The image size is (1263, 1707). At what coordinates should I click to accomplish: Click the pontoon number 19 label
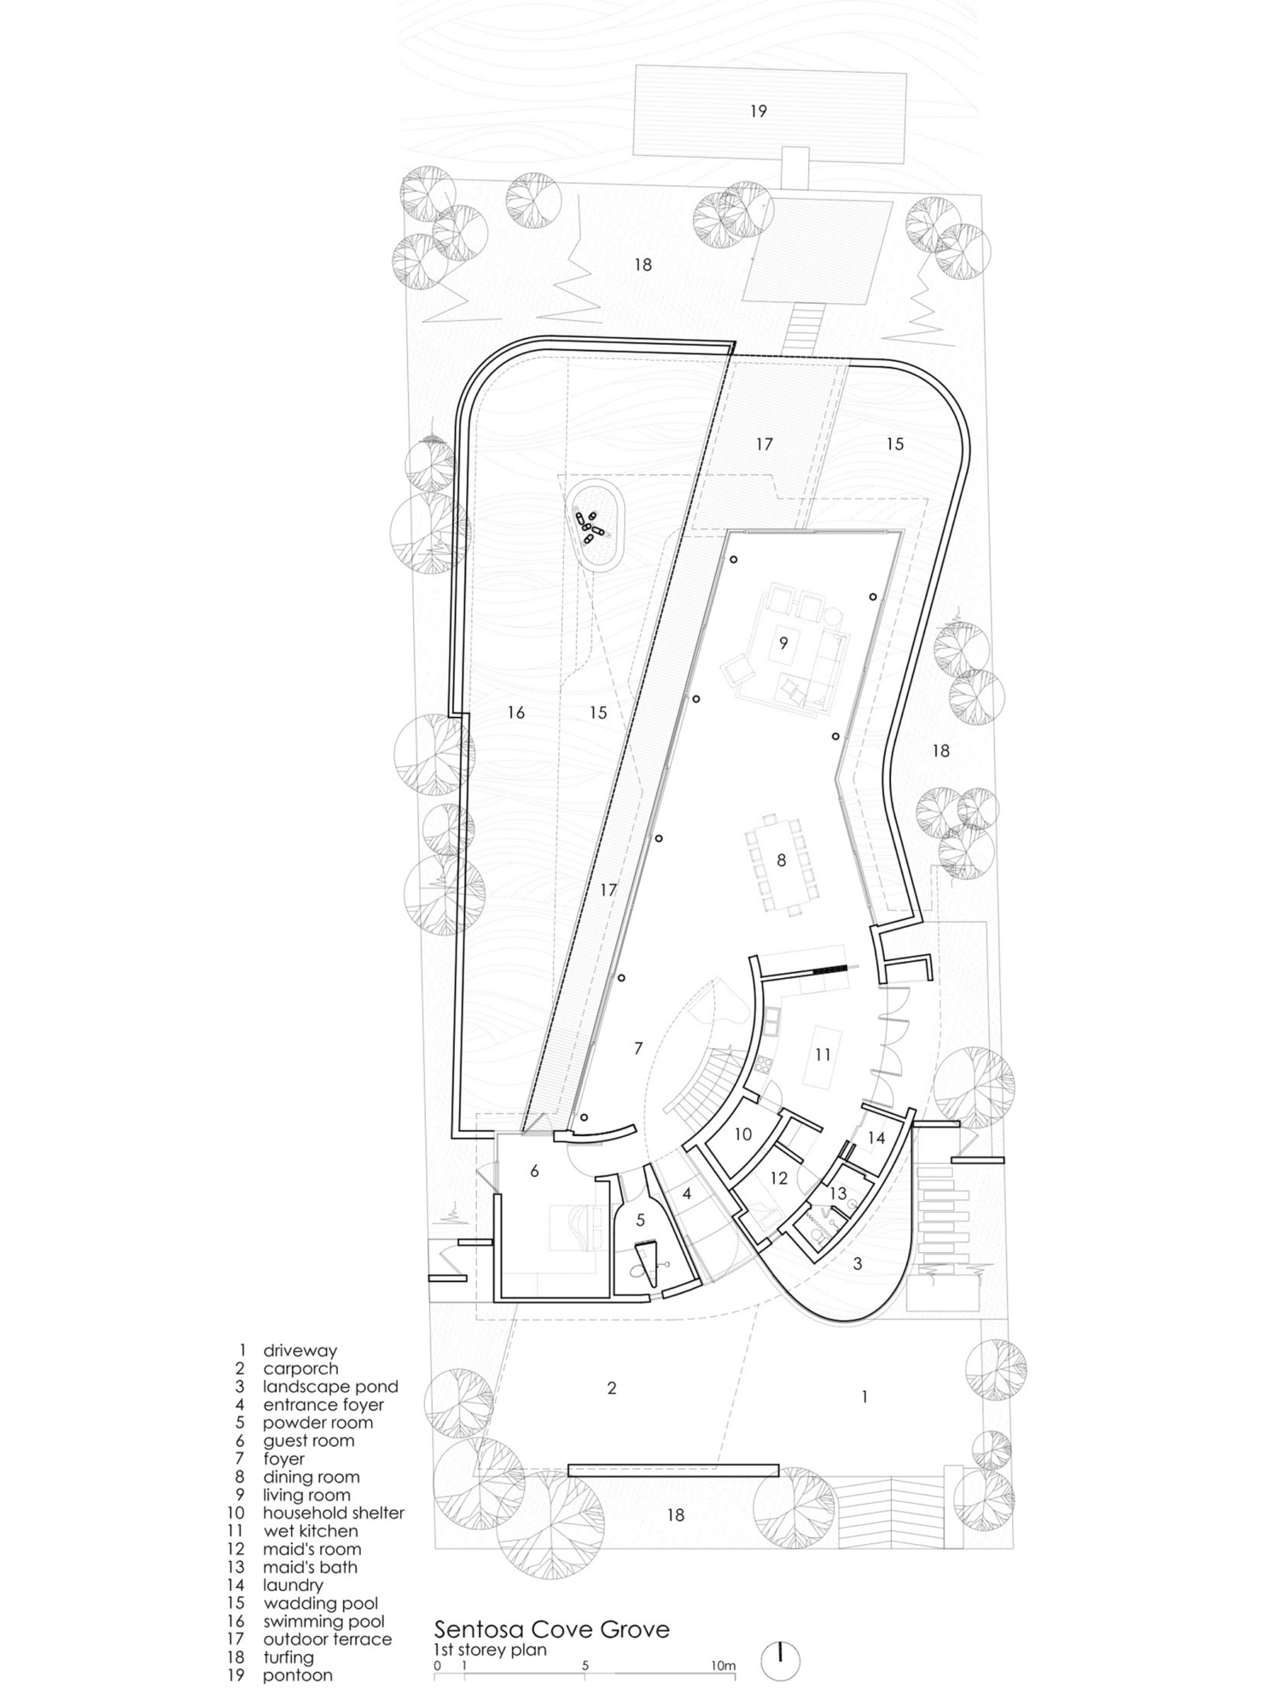758,111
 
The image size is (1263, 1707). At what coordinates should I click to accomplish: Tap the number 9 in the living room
783,640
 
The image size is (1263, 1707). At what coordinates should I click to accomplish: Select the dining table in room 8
781,862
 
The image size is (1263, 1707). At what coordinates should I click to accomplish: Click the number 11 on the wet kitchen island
822,1055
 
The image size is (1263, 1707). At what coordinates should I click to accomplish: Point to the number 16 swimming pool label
515,713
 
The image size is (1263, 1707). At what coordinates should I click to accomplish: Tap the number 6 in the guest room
534,1171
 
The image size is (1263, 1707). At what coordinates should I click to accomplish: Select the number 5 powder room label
640,1221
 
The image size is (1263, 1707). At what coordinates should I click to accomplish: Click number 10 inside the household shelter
742,1134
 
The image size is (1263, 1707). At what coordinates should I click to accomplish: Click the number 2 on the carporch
611,1389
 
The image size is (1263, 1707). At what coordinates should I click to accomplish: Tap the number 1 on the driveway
864,1397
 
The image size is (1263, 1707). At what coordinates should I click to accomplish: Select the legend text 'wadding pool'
320,1604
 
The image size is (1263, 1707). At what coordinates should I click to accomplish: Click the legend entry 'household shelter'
333,1513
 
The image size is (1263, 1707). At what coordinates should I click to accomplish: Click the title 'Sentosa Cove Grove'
552,1629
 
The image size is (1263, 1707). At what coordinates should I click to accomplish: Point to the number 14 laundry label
876,1138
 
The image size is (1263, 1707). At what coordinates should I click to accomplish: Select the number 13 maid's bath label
837,1193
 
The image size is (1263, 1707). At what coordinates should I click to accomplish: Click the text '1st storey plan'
490,1650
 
